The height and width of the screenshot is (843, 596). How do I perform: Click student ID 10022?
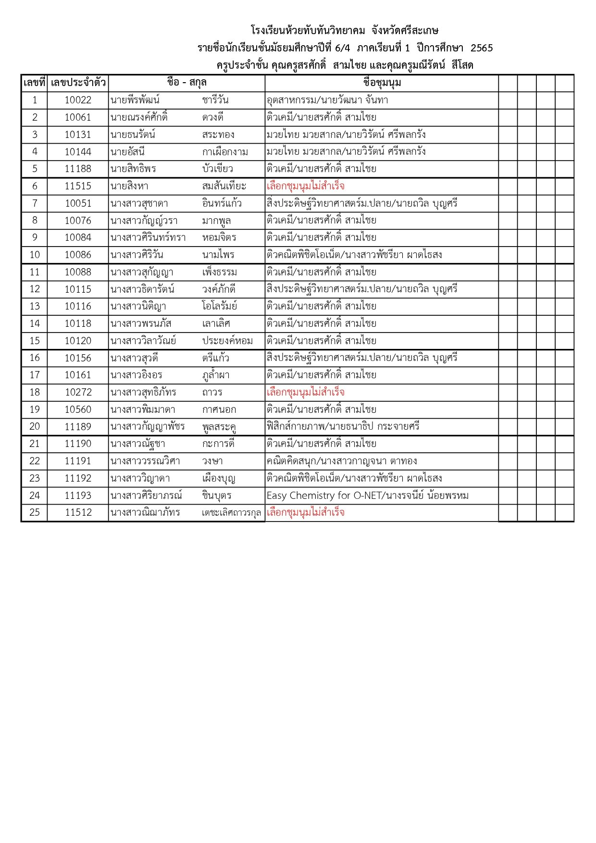[x=78, y=100]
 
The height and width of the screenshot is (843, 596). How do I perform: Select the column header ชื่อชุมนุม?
[x=382, y=83]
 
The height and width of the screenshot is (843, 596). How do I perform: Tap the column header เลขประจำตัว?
[x=78, y=83]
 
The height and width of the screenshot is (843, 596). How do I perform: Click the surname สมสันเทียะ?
[x=224, y=186]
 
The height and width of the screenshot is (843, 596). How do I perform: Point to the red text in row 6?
[x=305, y=186]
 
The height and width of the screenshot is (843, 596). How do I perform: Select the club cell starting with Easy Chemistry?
[x=367, y=496]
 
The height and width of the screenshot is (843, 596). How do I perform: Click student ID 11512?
[x=78, y=512]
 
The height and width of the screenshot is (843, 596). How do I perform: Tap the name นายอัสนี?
[x=127, y=152]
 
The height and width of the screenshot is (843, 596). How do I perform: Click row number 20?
[x=35, y=427]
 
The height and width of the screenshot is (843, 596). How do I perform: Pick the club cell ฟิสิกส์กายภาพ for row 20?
[x=343, y=427]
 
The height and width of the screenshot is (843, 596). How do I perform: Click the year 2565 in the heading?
[x=482, y=48]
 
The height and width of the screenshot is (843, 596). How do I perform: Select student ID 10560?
[x=78, y=409]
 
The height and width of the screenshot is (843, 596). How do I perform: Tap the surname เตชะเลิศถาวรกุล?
[x=231, y=513]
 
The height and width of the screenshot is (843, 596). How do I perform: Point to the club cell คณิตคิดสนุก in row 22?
[x=341, y=461]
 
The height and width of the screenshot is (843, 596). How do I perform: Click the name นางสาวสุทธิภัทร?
[x=143, y=392]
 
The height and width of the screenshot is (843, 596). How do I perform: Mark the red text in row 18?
[x=305, y=392]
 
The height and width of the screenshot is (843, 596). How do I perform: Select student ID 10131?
[x=78, y=135]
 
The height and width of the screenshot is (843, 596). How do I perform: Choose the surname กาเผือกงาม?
[x=225, y=152]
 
